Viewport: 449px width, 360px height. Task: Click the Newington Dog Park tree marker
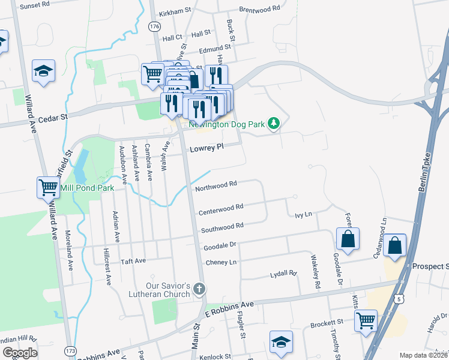274,124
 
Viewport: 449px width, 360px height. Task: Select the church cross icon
199,290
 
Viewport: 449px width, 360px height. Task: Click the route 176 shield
155,27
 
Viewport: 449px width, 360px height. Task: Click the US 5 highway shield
399,298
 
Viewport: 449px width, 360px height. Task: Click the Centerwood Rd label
220,208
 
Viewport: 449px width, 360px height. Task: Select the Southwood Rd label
221,227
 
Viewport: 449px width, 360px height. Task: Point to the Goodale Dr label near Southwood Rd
221,245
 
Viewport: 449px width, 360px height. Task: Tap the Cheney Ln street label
221,263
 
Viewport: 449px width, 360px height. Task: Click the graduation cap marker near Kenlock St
281,341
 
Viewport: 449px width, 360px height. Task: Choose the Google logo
20,353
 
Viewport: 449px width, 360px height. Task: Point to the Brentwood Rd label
260,10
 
